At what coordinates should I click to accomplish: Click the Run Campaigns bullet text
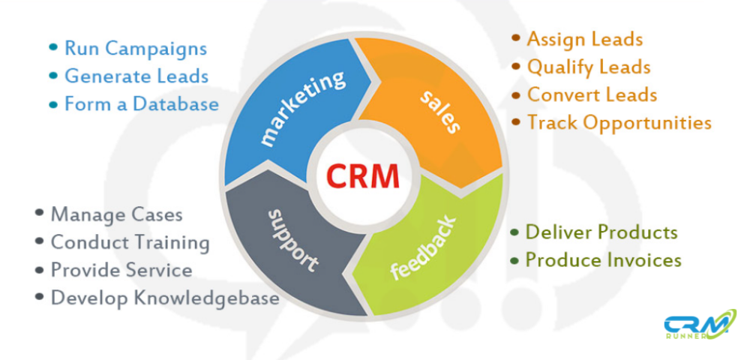(135, 49)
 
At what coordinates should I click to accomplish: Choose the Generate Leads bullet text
(136, 76)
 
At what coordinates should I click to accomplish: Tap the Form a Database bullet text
(142, 103)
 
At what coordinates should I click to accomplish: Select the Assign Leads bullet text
(585, 39)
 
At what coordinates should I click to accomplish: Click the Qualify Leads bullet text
(589, 67)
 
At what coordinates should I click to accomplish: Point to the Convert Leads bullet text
(592, 94)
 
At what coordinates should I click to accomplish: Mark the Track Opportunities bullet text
(619, 121)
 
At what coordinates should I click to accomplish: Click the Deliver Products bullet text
(601, 232)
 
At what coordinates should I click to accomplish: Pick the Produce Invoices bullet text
(603, 260)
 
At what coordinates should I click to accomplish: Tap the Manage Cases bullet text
(116, 214)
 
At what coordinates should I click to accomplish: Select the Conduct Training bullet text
(130, 242)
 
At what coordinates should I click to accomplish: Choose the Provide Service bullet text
(121, 270)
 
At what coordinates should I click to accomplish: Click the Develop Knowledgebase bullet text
(165, 298)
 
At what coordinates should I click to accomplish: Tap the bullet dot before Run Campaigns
(53, 48)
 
